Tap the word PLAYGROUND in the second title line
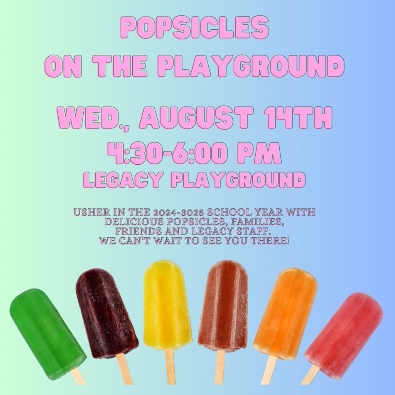[x=251, y=66]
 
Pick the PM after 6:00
[x=259, y=154]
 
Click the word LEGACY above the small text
[x=125, y=180]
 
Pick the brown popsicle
[x=223, y=305]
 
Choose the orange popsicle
[x=285, y=312]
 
